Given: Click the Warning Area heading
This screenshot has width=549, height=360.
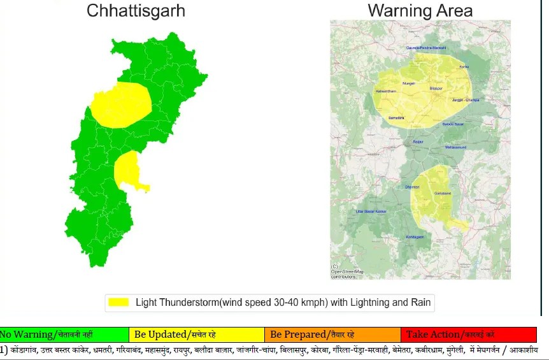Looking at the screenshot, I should (x=420, y=10).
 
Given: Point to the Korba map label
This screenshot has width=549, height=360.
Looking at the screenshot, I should (x=464, y=66).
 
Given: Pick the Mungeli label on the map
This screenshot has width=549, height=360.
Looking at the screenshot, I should (x=408, y=83).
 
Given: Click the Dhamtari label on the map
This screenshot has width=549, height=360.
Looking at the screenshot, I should (x=413, y=187).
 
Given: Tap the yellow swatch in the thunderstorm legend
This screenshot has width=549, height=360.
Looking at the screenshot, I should (x=118, y=302).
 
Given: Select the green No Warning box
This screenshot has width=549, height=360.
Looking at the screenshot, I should (x=64, y=335).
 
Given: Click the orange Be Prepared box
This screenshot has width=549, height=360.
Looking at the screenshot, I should (x=332, y=335).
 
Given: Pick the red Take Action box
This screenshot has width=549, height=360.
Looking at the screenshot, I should (x=468, y=335).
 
